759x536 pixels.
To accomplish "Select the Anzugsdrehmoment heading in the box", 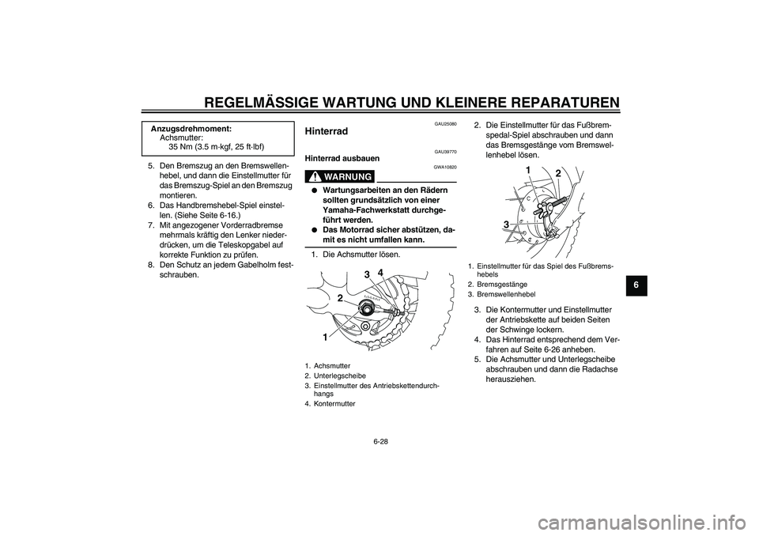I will pos(191,128).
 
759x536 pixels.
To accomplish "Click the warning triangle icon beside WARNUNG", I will pos(314,176).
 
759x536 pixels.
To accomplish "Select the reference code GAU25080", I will pos(445,123).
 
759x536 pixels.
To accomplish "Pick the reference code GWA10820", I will pos(445,168).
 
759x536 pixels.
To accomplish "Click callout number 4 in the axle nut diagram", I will pos(381,273).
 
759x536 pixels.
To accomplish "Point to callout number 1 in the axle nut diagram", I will pos(324,337).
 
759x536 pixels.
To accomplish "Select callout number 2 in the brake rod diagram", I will pos(557,173).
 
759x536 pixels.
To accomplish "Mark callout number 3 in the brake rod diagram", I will pos(505,225).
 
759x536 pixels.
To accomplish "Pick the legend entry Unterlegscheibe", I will pos(341,376).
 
